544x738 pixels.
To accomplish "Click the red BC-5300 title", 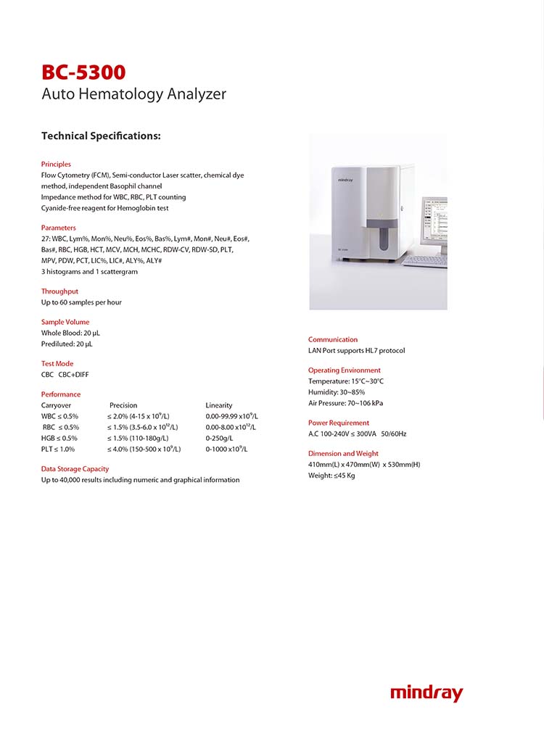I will (83, 72).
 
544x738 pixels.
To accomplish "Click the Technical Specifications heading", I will (101, 136).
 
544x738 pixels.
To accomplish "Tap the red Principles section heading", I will (56, 164).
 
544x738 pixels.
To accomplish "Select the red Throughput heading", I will (59, 291).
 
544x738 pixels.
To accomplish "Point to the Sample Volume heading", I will (65, 322).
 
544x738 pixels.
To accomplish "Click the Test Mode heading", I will (57, 364).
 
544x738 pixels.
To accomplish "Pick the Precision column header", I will (123, 405).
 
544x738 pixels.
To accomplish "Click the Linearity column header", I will (219, 405).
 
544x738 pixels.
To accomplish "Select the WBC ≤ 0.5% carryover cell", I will (59, 417).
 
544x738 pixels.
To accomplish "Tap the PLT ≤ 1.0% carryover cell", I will (59, 449).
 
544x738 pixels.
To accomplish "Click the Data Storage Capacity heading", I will (75, 469).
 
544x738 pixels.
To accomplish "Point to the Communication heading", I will (333, 339).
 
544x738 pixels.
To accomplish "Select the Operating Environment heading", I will (344, 370).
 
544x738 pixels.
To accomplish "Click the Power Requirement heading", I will (339, 423).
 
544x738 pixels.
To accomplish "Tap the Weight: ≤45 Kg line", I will (331, 476).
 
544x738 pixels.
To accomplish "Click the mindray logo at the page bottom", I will (426, 693).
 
